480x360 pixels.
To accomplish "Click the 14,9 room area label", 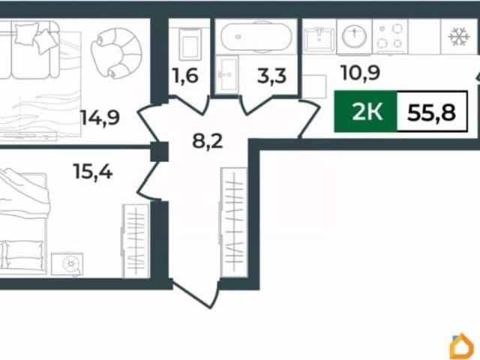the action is click(100, 118).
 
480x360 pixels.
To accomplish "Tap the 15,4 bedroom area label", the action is click(93, 172).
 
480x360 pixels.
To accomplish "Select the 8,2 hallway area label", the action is click(207, 142).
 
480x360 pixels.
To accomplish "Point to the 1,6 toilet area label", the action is click(185, 76).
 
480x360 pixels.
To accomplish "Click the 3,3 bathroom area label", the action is click(271, 76).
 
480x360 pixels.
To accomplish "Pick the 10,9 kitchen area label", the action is click(361, 73).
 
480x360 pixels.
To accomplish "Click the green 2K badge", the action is click(366, 112).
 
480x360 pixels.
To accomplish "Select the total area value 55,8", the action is click(432, 112).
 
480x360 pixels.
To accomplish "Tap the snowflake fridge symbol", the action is click(459, 37).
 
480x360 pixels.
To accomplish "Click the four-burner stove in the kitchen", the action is click(390, 37).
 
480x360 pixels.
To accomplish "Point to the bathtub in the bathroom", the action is click(256, 37).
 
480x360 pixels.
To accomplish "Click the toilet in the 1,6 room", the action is click(190, 44).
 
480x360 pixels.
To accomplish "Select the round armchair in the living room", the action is click(116, 52).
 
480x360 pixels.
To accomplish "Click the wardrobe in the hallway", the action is click(233, 223).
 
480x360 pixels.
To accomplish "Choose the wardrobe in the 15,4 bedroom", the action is click(135, 241).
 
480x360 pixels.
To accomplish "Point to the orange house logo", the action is click(462, 346).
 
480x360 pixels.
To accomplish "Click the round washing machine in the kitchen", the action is click(354, 36).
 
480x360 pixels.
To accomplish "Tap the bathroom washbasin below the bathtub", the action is click(226, 74).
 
